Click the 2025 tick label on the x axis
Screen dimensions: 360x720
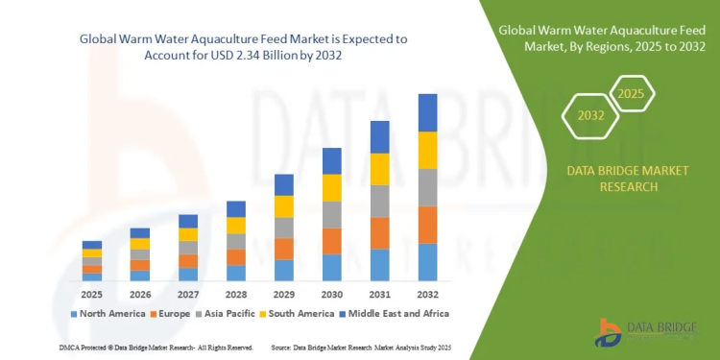[x=92, y=293]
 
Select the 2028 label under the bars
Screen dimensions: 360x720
[x=235, y=293]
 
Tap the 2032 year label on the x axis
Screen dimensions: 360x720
[x=427, y=293]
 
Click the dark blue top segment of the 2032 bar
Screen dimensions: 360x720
[x=427, y=112]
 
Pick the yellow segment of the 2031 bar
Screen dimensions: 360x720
[x=380, y=169]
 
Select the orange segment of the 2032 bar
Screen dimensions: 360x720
[x=427, y=225]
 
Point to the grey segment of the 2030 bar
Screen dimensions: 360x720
[x=332, y=214]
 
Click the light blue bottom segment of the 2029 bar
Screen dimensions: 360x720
[x=284, y=270]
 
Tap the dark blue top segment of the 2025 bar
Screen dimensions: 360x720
[x=92, y=245]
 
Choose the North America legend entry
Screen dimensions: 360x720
[x=108, y=313]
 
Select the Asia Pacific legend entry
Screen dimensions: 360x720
[x=228, y=313]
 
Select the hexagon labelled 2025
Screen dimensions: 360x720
[x=631, y=95]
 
